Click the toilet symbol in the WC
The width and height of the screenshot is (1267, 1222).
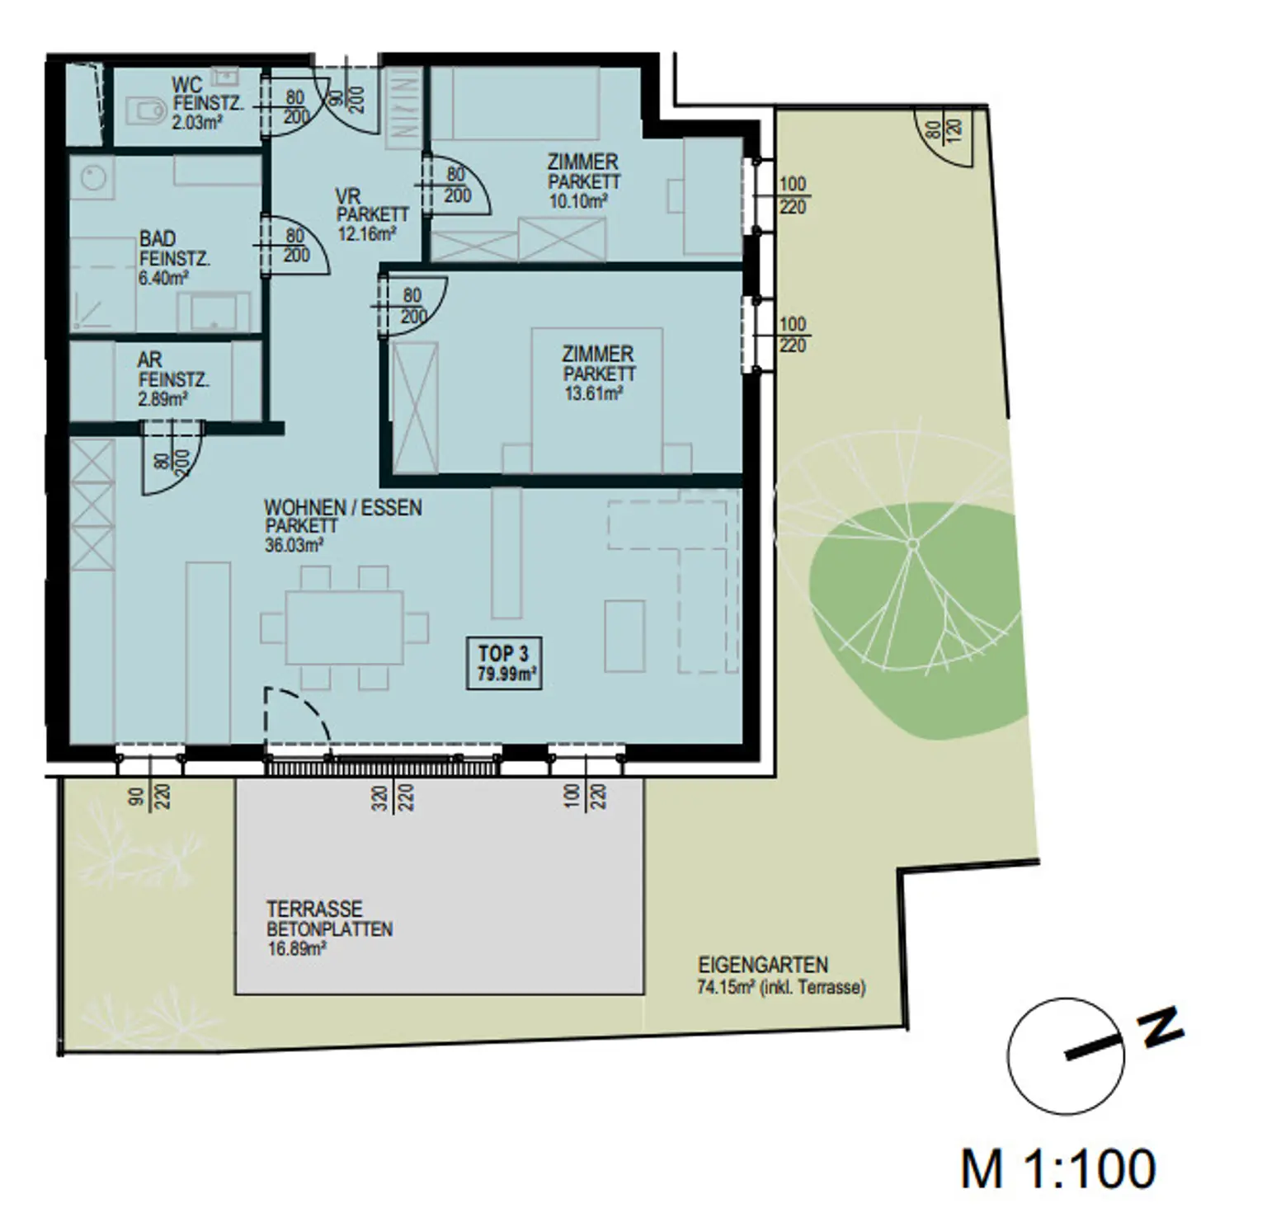(145, 110)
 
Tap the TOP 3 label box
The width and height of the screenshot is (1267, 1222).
(504, 663)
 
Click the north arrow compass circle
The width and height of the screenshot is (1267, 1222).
(1066, 1056)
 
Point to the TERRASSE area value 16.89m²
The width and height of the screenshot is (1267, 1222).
(297, 949)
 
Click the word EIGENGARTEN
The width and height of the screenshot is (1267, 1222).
(763, 965)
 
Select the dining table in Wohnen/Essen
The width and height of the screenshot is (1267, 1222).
(344, 627)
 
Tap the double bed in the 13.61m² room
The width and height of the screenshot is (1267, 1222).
(597, 400)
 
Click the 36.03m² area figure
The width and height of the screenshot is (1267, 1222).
(294, 545)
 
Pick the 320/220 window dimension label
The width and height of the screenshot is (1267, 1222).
(393, 798)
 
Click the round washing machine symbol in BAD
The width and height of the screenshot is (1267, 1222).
(92, 177)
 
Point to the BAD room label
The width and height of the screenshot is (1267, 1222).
(157, 239)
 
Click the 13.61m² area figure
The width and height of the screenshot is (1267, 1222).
(593, 394)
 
